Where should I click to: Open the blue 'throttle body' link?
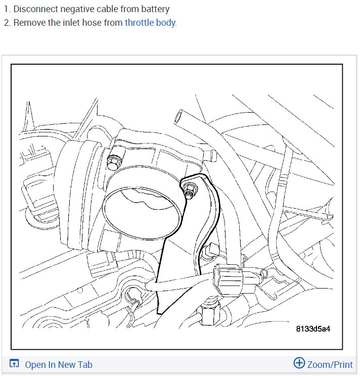150,23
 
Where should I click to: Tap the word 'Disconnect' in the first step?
33,9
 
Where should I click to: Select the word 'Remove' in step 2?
28,23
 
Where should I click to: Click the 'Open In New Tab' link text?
59,364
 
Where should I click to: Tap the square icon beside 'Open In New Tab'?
14,364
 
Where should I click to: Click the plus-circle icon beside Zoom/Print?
299,363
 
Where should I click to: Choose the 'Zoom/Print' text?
330,364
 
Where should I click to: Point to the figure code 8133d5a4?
313,329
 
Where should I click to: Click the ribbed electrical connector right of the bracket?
232,277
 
